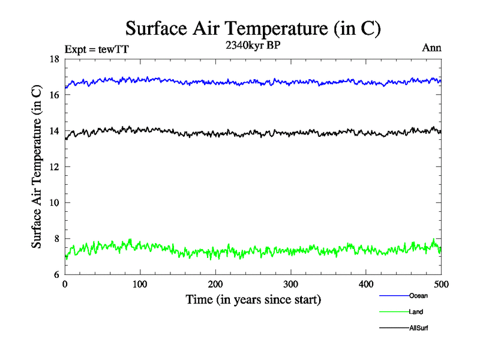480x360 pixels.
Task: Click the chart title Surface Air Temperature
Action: (x=253, y=28)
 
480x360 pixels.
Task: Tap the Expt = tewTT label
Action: (x=97, y=49)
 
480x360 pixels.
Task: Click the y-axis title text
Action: (x=37, y=166)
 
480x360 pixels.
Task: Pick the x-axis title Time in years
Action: (x=253, y=299)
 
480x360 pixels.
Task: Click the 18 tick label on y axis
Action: (x=54, y=59)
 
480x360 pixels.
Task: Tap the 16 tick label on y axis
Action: (x=54, y=95)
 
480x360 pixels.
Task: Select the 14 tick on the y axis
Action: (x=54, y=131)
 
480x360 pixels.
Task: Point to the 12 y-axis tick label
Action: (x=54, y=167)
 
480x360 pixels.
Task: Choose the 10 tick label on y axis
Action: (x=54, y=203)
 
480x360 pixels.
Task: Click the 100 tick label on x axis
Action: (x=140, y=284)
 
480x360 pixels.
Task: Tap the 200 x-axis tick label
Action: (x=215, y=284)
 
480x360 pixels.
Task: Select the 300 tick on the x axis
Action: (x=290, y=284)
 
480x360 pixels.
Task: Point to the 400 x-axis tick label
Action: (x=366, y=284)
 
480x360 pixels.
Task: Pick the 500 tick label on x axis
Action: (x=441, y=284)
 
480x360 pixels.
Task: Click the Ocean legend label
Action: (x=418, y=295)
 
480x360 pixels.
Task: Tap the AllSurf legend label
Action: (x=419, y=328)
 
